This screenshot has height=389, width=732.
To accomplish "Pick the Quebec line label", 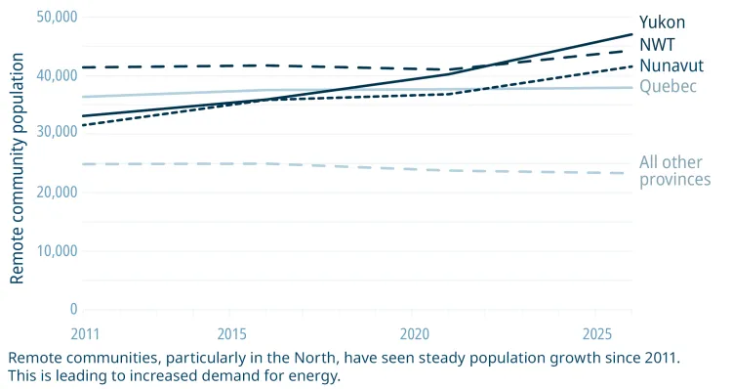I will coord(668,87).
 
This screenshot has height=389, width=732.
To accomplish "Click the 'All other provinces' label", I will coord(674,171).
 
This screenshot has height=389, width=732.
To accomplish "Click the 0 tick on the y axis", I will coord(73,309).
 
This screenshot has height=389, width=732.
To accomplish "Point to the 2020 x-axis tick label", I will coord(413,333).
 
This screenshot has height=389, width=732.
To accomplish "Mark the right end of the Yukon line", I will coord(631,34).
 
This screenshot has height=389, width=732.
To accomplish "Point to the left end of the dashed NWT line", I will coord(84,67).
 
